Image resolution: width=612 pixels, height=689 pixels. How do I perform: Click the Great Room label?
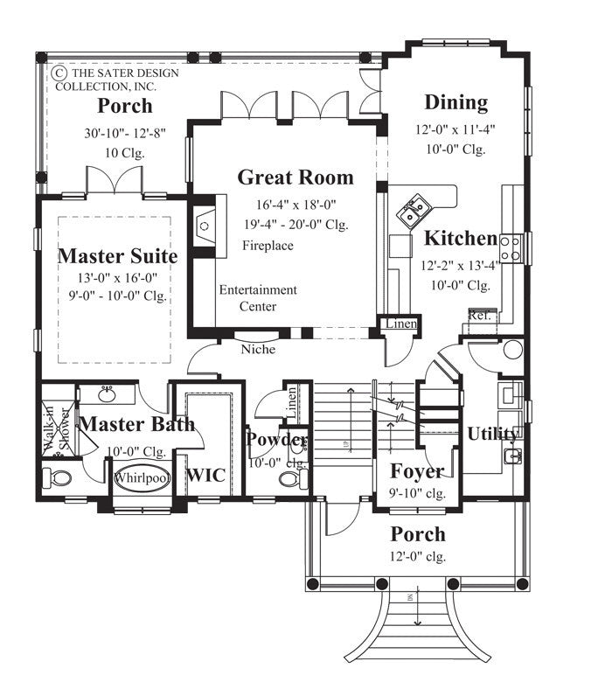click(x=296, y=177)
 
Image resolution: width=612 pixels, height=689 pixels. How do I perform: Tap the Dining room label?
click(x=456, y=102)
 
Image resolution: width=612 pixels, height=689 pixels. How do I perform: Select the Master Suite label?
click(x=117, y=256)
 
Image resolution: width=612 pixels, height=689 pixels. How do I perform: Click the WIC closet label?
click(x=206, y=475)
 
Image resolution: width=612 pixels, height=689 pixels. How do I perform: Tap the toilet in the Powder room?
click(x=289, y=480)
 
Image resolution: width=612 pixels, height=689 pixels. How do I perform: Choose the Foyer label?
click(x=417, y=471)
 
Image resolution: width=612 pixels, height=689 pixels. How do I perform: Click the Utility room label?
click(x=493, y=434)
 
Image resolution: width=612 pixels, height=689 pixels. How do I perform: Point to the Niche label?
click(x=258, y=350)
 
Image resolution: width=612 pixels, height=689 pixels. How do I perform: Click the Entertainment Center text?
click(x=258, y=298)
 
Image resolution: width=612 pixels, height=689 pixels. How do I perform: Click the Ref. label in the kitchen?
click(x=478, y=316)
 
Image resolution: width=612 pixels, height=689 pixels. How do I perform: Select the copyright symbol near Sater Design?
click(x=60, y=73)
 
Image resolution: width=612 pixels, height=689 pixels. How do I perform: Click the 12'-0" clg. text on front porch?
click(x=417, y=556)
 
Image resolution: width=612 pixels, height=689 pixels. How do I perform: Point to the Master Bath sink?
click(x=109, y=396)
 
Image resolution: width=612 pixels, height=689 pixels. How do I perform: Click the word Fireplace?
click(x=268, y=246)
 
